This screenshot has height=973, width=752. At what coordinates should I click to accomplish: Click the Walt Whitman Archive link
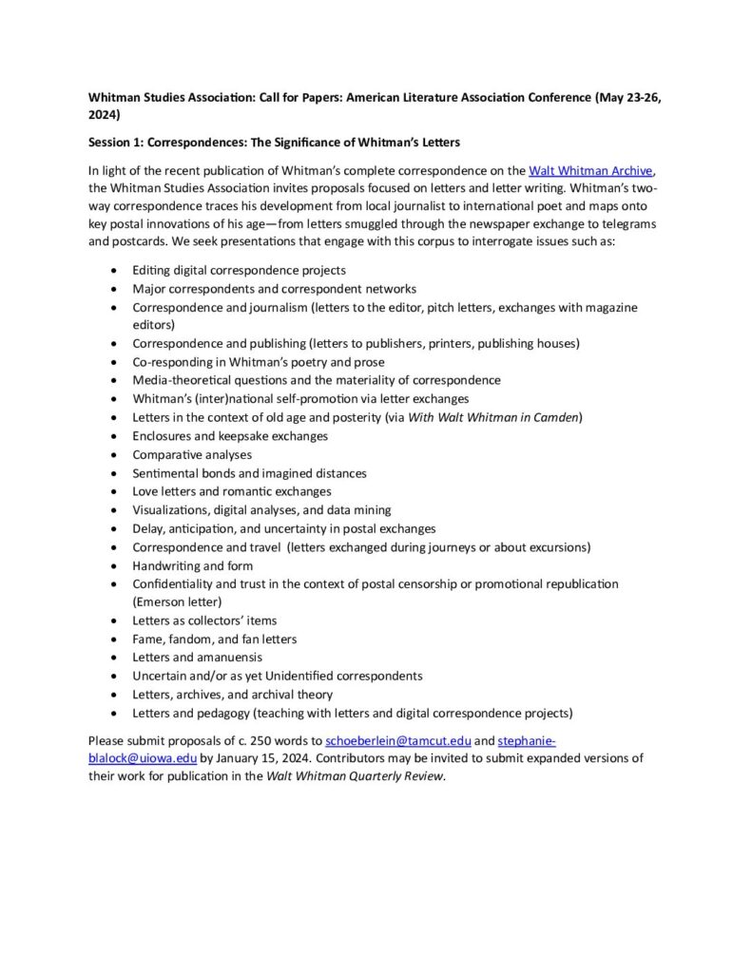click(590, 171)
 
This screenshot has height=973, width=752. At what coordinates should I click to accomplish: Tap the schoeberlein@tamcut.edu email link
click(398, 740)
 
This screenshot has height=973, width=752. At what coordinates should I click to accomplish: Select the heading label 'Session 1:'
click(116, 143)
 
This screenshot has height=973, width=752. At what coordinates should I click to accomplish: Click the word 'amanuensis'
click(231, 657)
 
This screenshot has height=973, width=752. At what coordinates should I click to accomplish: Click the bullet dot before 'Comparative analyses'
click(114, 455)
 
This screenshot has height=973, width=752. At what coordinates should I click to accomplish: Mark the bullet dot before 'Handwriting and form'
click(114, 566)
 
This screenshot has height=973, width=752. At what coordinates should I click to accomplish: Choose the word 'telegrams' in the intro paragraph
click(628, 224)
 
